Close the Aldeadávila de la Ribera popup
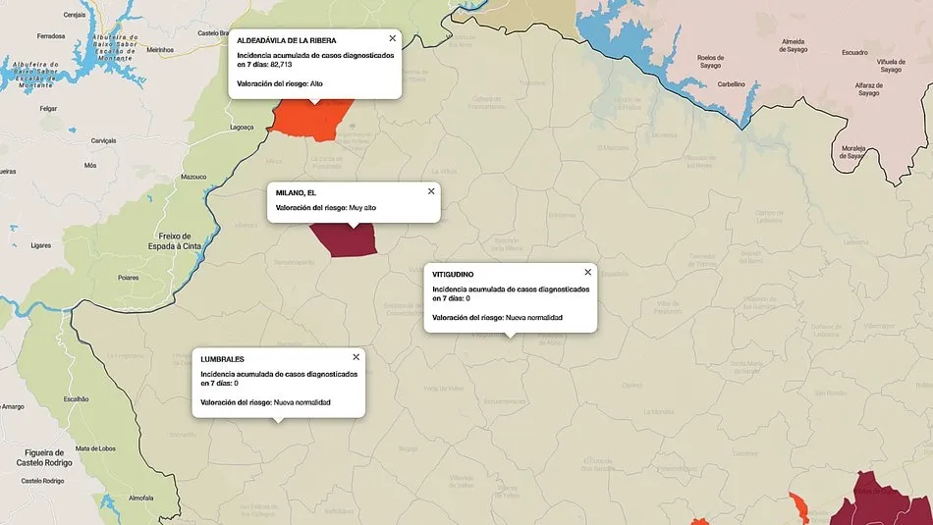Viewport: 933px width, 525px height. (392, 38)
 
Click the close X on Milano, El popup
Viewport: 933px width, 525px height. (430, 191)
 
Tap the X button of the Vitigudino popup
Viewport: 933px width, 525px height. (587, 272)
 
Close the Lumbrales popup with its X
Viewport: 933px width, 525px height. (356, 356)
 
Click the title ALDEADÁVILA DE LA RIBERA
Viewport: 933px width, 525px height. (287, 40)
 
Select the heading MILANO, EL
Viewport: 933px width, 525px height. (296, 192)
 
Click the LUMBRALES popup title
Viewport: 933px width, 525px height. (222, 359)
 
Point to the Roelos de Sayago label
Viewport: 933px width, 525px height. (710, 62)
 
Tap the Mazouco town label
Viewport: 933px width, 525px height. (193, 177)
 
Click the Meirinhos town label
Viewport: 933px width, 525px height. (160, 49)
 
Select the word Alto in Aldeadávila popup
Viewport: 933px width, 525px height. (316, 83)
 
